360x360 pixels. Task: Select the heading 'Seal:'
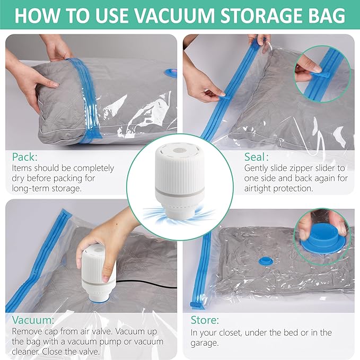[x=257, y=157]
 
